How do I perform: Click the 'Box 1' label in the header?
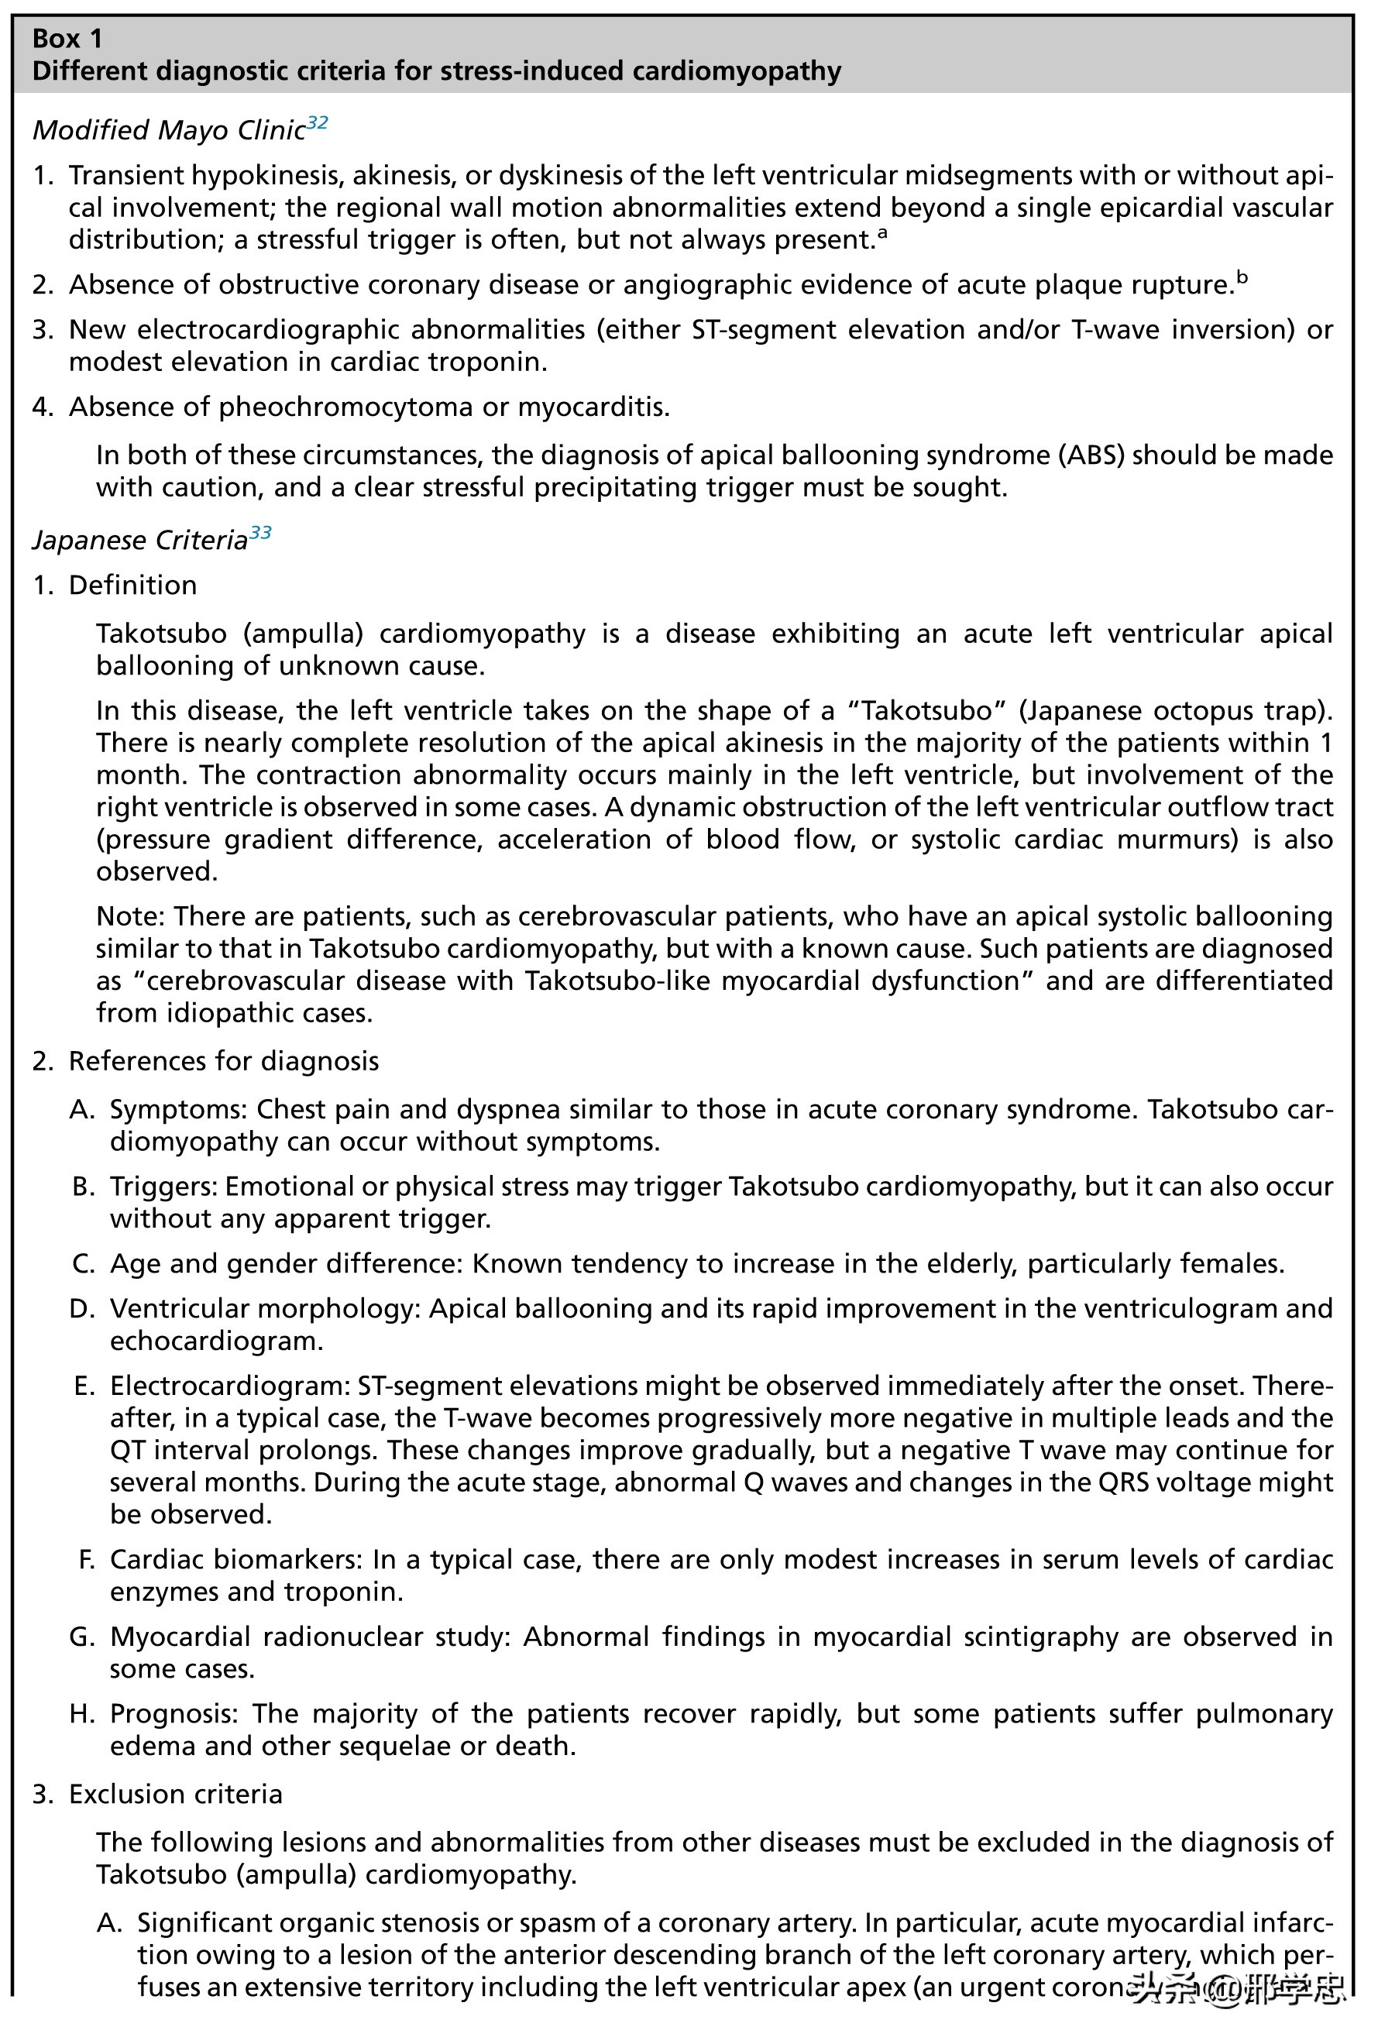[67, 39]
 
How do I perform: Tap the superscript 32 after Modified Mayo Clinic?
[317, 122]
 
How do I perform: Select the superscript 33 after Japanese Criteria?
[260, 533]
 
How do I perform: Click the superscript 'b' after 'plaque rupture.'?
[1242, 278]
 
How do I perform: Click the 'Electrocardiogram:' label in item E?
[229, 1386]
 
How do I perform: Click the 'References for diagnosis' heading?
[224, 1061]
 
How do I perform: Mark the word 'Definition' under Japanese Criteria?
[132, 586]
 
